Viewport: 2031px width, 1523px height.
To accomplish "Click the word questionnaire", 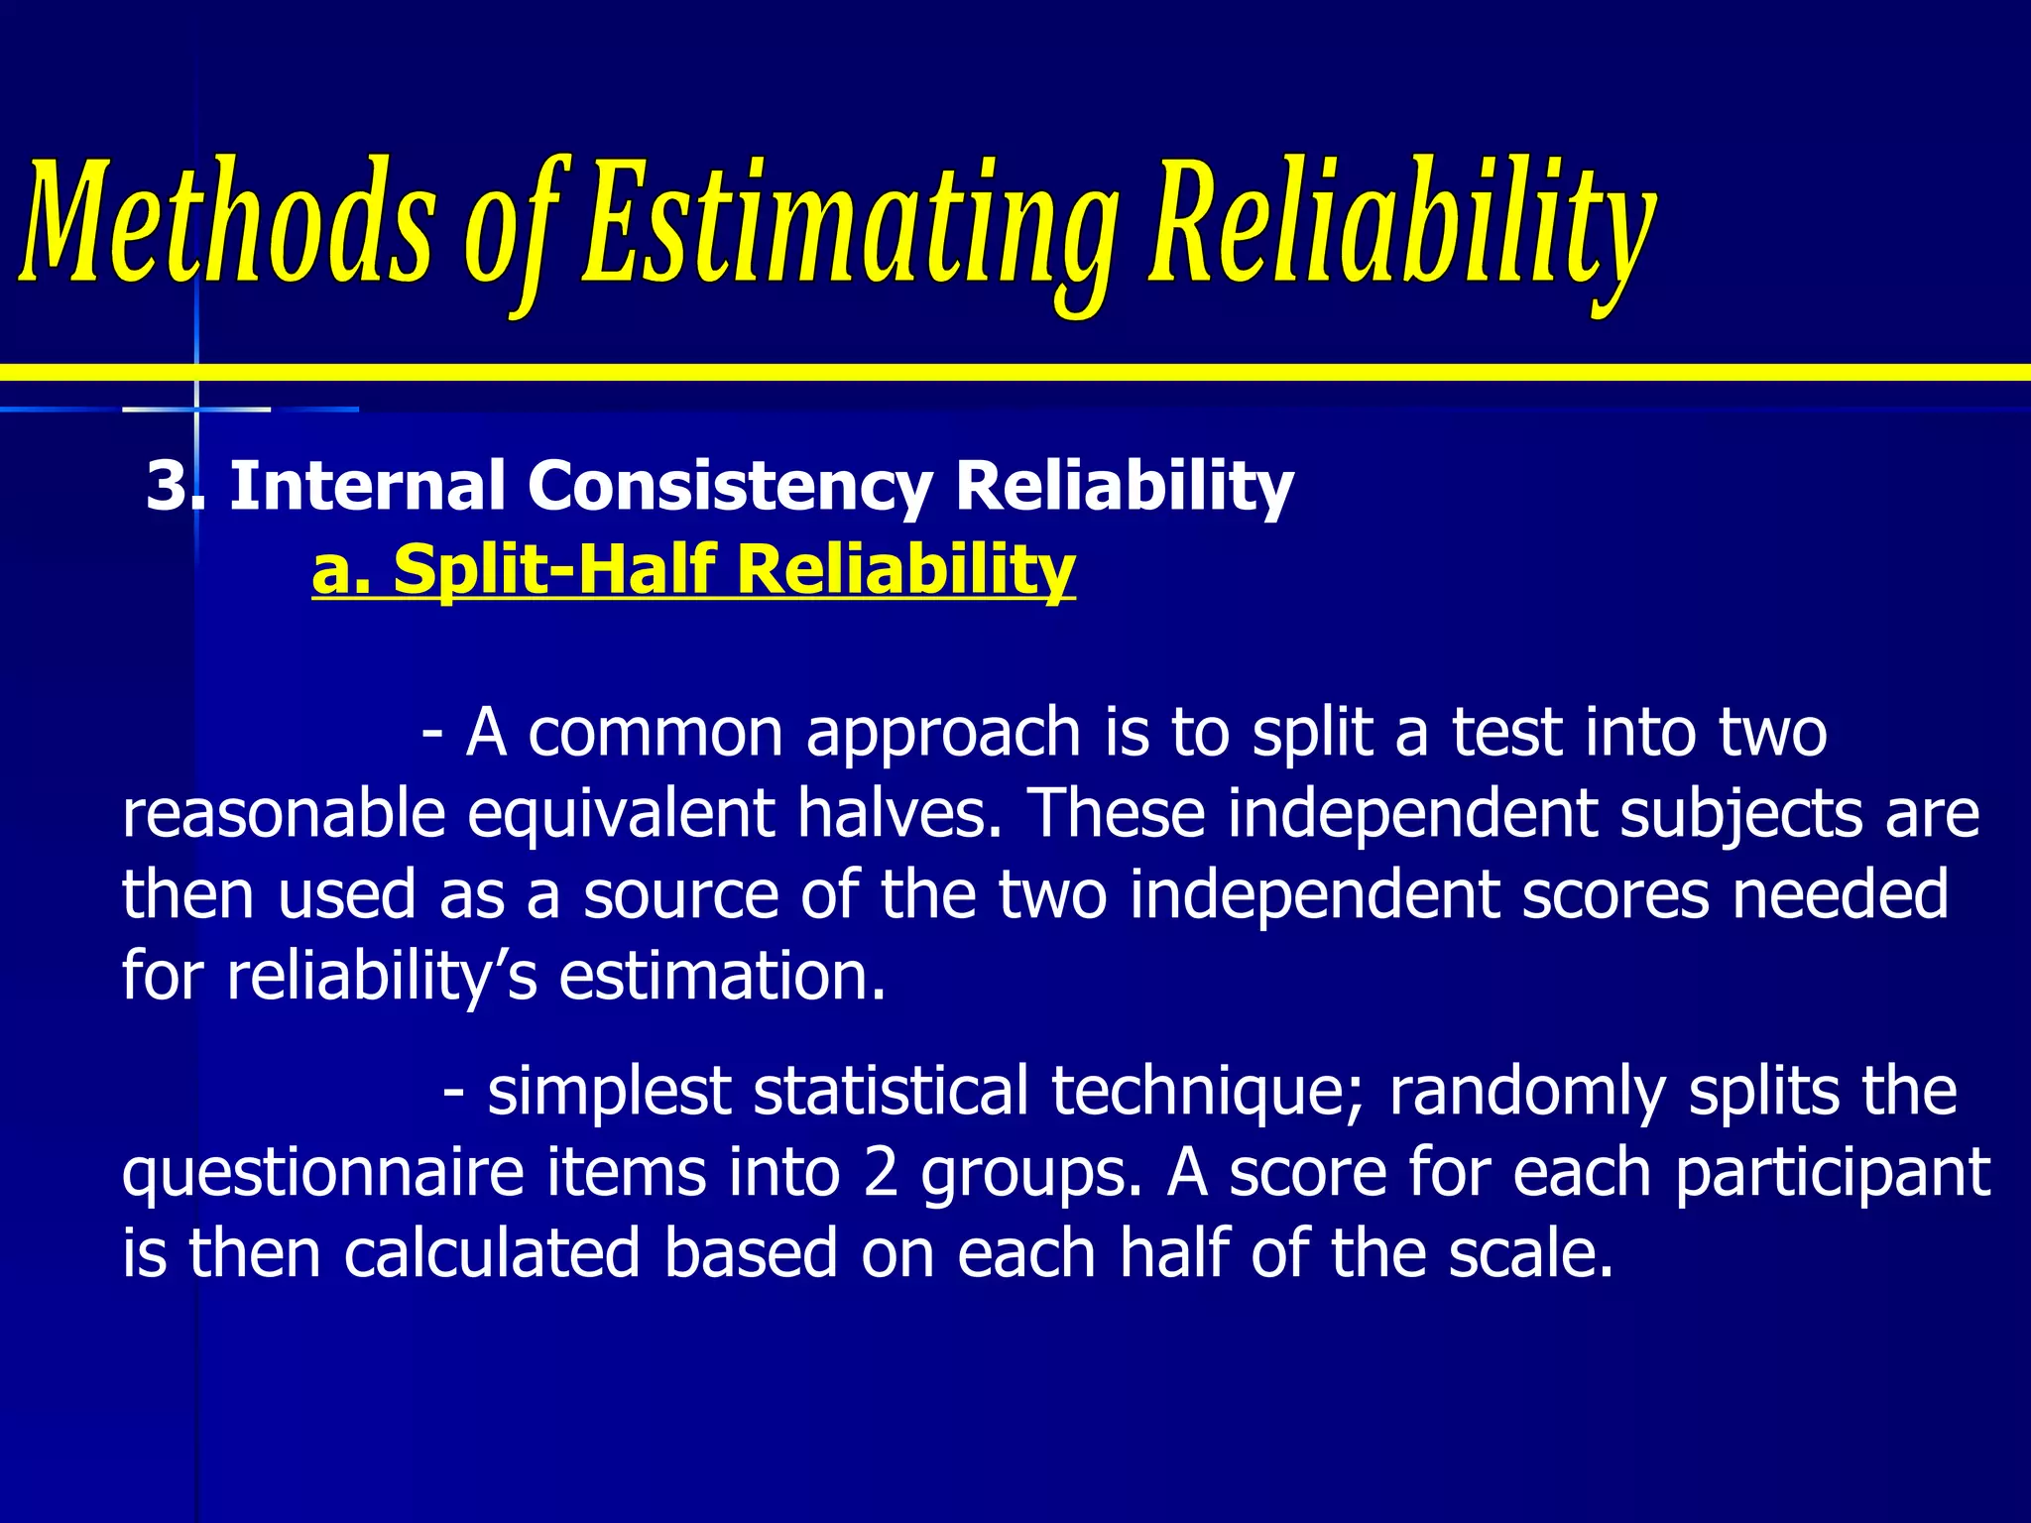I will point(322,1173).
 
